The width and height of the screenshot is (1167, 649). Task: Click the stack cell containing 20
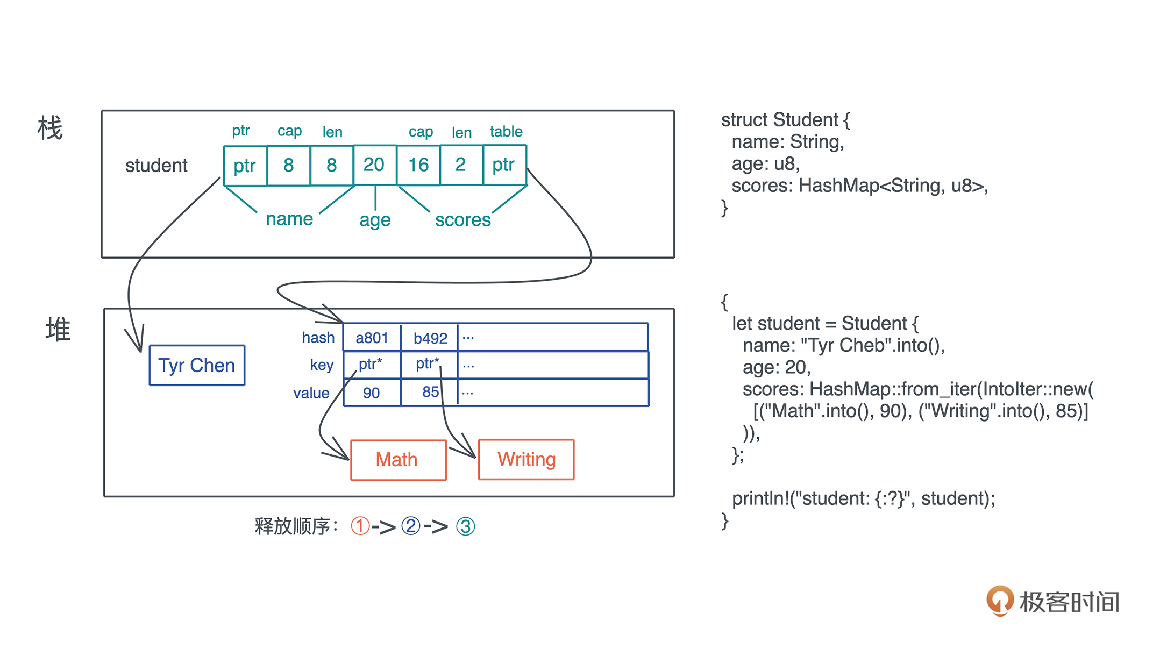click(x=374, y=165)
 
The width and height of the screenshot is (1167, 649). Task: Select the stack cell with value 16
click(x=418, y=165)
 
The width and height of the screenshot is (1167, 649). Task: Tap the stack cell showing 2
click(x=461, y=165)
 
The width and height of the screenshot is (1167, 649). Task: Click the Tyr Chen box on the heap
click(x=197, y=366)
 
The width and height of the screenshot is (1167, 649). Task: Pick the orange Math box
click(x=398, y=460)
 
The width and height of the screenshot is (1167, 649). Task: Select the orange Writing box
click(x=526, y=460)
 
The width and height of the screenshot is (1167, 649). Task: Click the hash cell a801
click(x=372, y=338)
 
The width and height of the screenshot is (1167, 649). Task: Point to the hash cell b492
click(x=430, y=338)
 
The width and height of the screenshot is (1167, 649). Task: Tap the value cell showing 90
click(x=372, y=393)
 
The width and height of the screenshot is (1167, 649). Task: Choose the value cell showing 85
click(x=430, y=392)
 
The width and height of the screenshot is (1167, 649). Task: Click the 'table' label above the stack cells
click(x=506, y=132)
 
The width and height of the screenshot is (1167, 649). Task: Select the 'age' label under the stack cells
click(x=375, y=220)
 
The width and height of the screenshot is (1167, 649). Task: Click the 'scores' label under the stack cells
click(x=462, y=220)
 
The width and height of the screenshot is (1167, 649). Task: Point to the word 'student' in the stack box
click(x=156, y=166)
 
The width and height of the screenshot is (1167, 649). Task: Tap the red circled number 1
click(x=360, y=526)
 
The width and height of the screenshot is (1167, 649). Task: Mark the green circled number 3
click(x=465, y=526)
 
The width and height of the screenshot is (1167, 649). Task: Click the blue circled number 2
click(x=410, y=526)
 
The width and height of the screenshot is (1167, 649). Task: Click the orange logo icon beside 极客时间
click(x=1000, y=601)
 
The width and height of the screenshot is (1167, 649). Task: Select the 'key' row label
click(x=322, y=365)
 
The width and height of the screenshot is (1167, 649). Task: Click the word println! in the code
click(x=760, y=498)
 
